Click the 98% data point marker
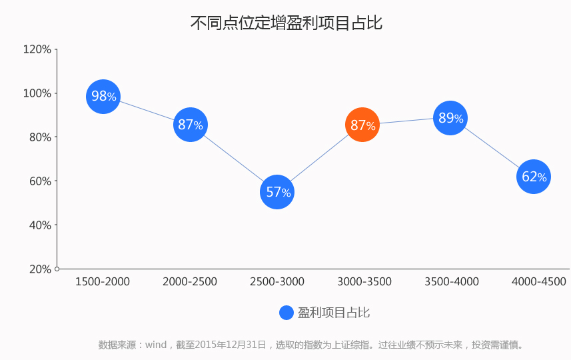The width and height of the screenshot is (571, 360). click(x=103, y=97)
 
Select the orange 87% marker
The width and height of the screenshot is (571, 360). click(x=362, y=125)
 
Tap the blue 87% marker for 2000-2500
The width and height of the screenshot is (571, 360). click(x=191, y=125)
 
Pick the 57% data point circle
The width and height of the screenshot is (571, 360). click(x=277, y=192)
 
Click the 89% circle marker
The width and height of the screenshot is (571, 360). click(x=450, y=118)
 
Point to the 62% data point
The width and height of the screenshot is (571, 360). click(x=534, y=177)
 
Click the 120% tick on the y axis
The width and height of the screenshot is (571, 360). click(x=37, y=49)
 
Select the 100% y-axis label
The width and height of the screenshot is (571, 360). click(x=37, y=93)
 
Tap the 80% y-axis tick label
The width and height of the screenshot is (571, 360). click(x=40, y=137)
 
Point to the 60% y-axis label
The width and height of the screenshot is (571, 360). click(x=40, y=181)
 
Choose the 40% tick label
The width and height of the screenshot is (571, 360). click(x=40, y=225)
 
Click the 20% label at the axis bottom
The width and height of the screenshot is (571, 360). click(x=40, y=269)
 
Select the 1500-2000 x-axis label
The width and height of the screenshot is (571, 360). click(x=103, y=281)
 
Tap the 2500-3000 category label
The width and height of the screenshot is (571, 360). click(x=277, y=281)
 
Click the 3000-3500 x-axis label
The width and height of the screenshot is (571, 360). click(x=364, y=281)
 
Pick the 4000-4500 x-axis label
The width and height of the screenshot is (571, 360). click(x=538, y=281)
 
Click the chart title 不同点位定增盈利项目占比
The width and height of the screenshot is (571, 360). click(x=286, y=23)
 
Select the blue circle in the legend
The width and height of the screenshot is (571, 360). click(x=286, y=313)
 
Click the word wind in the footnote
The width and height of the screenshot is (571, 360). click(x=156, y=345)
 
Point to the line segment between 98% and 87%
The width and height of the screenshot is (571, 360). click(x=147, y=111)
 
